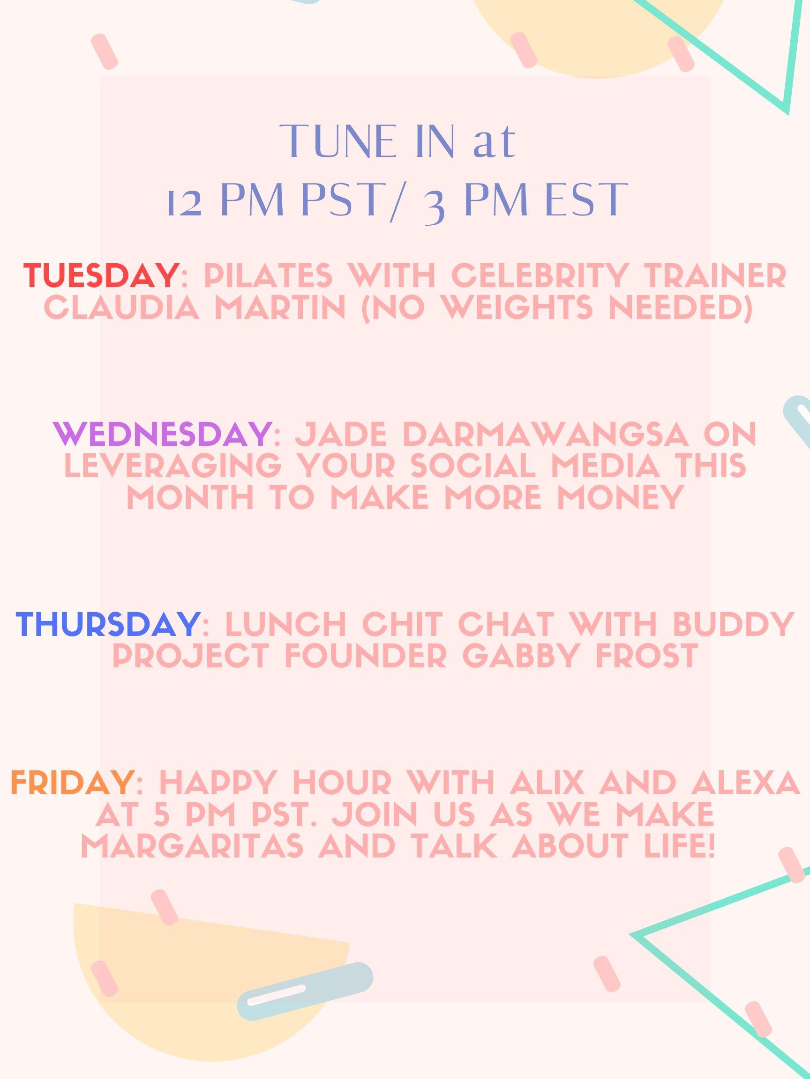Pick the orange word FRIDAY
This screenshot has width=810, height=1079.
[x=72, y=783]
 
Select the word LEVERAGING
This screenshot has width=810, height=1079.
[x=173, y=466]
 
